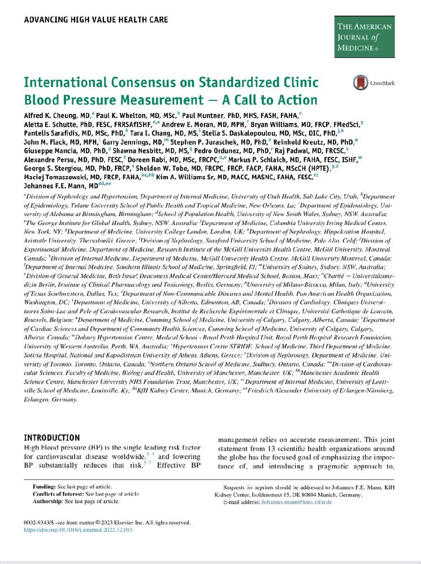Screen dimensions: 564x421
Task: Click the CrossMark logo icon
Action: pos(359,82)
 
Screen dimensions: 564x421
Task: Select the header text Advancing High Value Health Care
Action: pos(96,20)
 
